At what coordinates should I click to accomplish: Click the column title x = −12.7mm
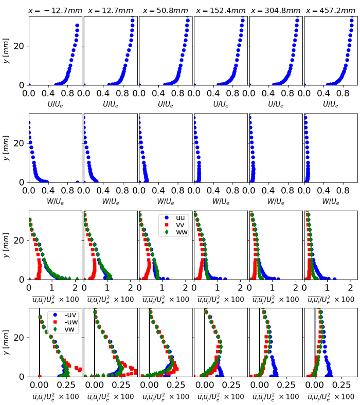click(x=56, y=10)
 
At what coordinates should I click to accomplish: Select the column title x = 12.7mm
click(x=111, y=10)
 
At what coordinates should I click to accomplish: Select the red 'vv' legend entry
click(x=174, y=225)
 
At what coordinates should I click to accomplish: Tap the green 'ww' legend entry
click(x=174, y=232)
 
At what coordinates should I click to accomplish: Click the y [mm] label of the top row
click(x=7, y=50)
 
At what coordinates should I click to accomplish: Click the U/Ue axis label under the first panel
click(x=56, y=104)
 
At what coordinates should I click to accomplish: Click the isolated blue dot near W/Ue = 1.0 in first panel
click(x=78, y=182)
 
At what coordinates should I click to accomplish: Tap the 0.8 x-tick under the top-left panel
click(x=68, y=94)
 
